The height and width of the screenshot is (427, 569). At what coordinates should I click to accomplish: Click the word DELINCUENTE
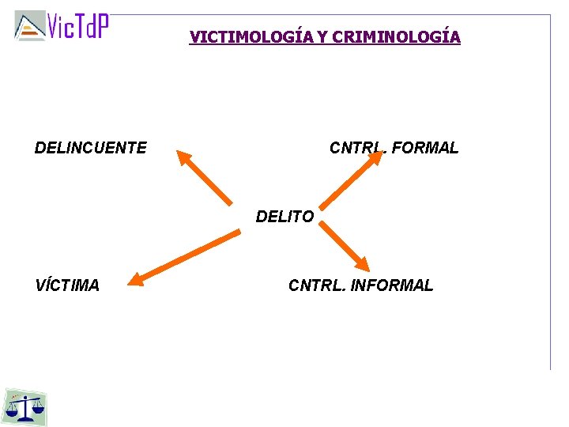coord(90,148)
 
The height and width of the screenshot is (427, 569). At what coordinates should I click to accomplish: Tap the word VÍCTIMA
coord(67,285)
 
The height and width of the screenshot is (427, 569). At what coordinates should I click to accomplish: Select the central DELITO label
coord(284,217)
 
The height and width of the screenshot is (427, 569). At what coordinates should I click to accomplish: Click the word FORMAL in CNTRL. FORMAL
coord(424,148)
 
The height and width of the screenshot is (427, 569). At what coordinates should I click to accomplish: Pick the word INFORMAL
coord(392,285)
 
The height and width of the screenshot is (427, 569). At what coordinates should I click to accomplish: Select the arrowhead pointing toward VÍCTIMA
coord(137,278)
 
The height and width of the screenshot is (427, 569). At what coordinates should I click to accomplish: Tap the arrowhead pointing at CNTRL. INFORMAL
coord(361,263)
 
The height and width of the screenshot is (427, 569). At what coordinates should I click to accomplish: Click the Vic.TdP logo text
coord(77,26)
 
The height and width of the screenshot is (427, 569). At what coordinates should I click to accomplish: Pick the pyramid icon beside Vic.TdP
coord(30,26)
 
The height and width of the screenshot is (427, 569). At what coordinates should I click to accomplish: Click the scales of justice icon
coord(25,406)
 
